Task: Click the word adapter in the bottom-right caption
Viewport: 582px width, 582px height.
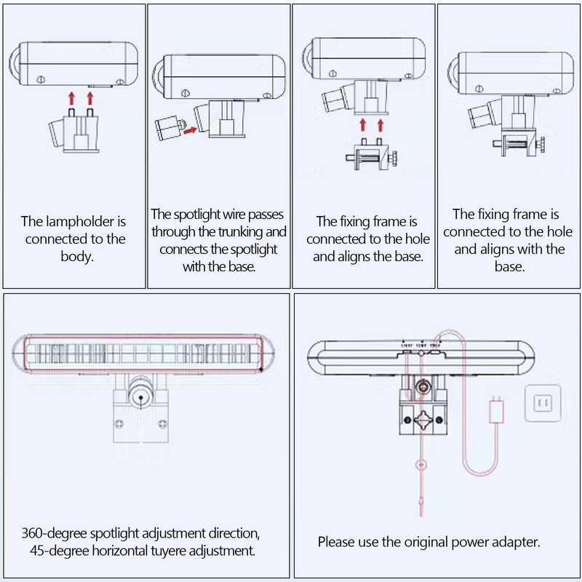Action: coord(517,542)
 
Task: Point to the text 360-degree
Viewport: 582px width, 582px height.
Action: coord(53,534)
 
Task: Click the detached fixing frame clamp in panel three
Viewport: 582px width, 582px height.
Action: coord(372,155)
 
